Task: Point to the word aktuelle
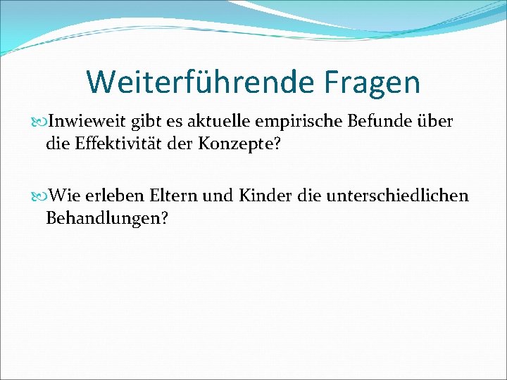pyautogui.click(x=227, y=122)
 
